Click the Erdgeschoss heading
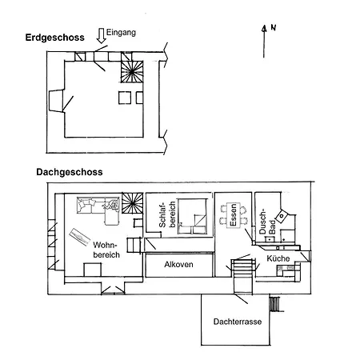click(54, 38)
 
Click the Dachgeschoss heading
click(70, 172)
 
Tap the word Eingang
click(121, 33)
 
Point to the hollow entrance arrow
click(101, 36)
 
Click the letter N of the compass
click(273, 27)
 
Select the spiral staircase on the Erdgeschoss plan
click(132, 71)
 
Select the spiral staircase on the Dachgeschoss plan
click(132, 203)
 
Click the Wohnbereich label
click(106, 250)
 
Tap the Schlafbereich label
click(167, 214)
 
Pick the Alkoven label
click(178, 265)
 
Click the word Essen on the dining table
click(233, 215)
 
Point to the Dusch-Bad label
click(267, 222)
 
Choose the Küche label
click(278, 258)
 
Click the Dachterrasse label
click(238, 322)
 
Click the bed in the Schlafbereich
click(193, 216)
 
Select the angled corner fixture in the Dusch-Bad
click(282, 216)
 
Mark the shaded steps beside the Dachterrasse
click(274, 304)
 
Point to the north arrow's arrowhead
click(264, 28)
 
